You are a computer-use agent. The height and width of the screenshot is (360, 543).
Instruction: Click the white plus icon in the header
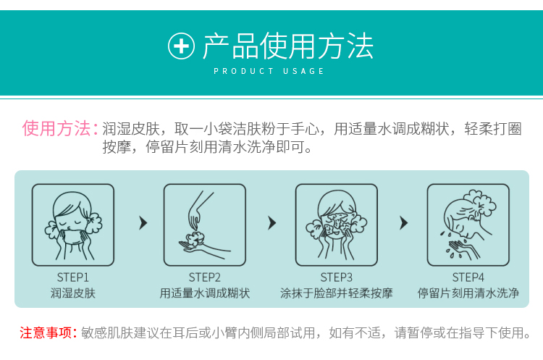[x=181, y=46]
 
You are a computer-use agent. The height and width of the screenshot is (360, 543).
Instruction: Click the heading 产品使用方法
[x=287, y=46]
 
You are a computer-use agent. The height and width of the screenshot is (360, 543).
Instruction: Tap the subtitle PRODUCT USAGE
[x=269, y=71]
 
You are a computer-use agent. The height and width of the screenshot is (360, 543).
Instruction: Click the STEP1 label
[x=72, y=277]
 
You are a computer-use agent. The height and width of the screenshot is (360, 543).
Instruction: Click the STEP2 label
[x=204, y=277]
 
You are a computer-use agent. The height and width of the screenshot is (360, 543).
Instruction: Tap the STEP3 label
[x=336, y=277]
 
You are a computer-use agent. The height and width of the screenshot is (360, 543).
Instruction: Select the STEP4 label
[x=468, y=277]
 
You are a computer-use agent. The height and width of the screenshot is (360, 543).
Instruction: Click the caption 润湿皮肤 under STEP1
[x=72, y=293]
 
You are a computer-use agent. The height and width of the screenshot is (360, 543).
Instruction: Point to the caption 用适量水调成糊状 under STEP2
[x=205, y=293]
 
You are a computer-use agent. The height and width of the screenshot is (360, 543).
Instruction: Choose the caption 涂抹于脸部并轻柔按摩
[x=336, y=293]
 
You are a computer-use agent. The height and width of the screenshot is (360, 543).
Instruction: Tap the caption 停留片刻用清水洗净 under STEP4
[x=468, y=293]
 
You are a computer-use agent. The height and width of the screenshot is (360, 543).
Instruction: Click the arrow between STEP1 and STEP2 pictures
[x=143, y=223]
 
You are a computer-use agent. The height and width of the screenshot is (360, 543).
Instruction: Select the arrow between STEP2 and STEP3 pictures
[x=272, y=223]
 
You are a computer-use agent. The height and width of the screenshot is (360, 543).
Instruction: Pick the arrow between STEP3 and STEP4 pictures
[x=404, y=223]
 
